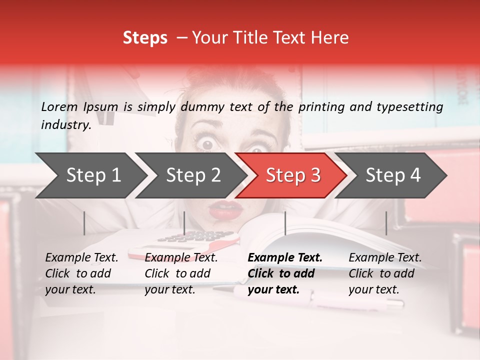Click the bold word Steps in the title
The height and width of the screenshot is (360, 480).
pos(145,37)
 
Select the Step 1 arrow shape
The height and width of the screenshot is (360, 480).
pos(90,175)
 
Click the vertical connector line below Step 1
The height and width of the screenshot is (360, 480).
pos(84,223)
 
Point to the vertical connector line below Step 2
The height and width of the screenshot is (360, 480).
pos(184,223)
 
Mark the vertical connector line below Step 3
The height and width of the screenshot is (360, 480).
pos(285,223)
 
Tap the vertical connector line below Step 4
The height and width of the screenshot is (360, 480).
pos(386,223)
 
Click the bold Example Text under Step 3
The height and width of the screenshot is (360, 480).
pos(285,258)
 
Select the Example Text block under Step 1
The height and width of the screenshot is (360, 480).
pos(81,273)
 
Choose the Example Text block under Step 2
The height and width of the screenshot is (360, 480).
pos(181,273)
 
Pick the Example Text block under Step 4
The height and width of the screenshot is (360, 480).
pos(385,273)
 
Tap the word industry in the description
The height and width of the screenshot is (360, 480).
pos(65,125)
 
